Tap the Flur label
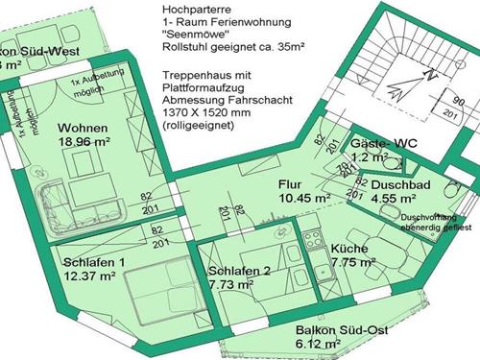pyautogui.click(x=291, y=182)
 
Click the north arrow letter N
pyautogui.click(x=431, y=74)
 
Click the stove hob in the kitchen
pyautogui.click(x=314, y=240)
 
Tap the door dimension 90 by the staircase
pyautogui.click(x=459, y=99)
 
